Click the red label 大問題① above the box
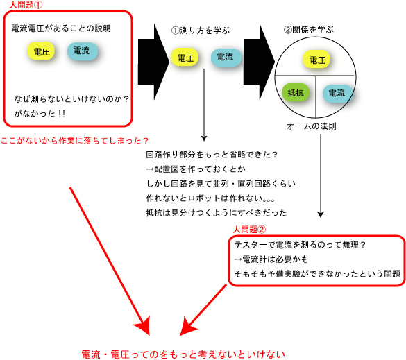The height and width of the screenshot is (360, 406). tap(26, 5)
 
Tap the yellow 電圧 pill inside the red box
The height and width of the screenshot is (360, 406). tap(41, 51)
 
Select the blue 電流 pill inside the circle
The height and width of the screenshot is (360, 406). tap(337, 93)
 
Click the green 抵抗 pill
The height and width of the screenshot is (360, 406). tap(296, 92)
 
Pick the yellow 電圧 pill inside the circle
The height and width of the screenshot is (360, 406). tap(317, 60)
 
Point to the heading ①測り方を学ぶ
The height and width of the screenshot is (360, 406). tap(201, 31)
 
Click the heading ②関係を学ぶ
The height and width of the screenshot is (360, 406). tap(309, 30)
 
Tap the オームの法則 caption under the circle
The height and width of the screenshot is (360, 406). tap(312, 126)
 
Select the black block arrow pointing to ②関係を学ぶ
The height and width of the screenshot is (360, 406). tap(259, 62)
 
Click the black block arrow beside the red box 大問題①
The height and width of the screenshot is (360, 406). tap(153, 62)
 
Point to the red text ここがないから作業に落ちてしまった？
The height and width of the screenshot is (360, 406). tap(74, 141)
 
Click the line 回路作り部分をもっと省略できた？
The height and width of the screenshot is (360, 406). tap(212, 155)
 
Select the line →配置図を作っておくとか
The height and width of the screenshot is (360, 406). tap(196, 169)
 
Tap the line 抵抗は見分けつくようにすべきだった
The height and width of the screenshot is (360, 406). tap(217, 213)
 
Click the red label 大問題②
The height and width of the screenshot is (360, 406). tap(249, 230)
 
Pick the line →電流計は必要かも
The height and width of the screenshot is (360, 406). tap(271, 259)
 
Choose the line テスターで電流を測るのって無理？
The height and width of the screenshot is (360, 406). tap(300, 245)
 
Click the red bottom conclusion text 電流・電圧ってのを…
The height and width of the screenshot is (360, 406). tap(183, 354)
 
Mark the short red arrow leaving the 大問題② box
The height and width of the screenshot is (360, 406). tap(203, 310)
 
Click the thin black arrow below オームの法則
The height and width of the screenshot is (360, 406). tap(321, 175)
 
